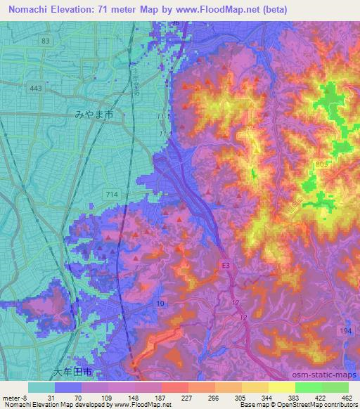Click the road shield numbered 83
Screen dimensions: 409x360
click(46, 41)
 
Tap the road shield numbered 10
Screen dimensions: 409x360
click(160, 303)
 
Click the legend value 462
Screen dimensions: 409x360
click(346, 397)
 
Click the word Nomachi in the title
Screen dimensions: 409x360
click(28, 9)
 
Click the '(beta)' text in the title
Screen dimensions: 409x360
click(272, 9)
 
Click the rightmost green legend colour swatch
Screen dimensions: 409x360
click(335, 387)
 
